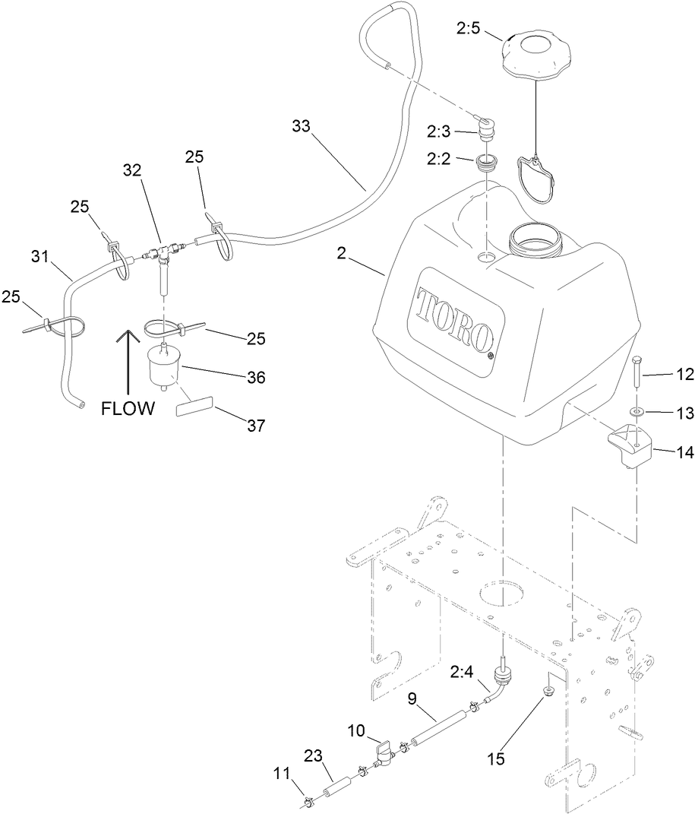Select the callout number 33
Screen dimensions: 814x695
click(x=302, y=126)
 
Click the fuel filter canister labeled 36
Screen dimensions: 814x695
click(x=164, y=369)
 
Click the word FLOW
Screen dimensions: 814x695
click(x=128, y=409)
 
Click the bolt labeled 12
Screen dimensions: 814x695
click(x=637, y=372)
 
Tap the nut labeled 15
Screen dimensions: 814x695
click(x=546, y=691)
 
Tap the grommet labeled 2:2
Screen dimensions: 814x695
click(x=485, y=163)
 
